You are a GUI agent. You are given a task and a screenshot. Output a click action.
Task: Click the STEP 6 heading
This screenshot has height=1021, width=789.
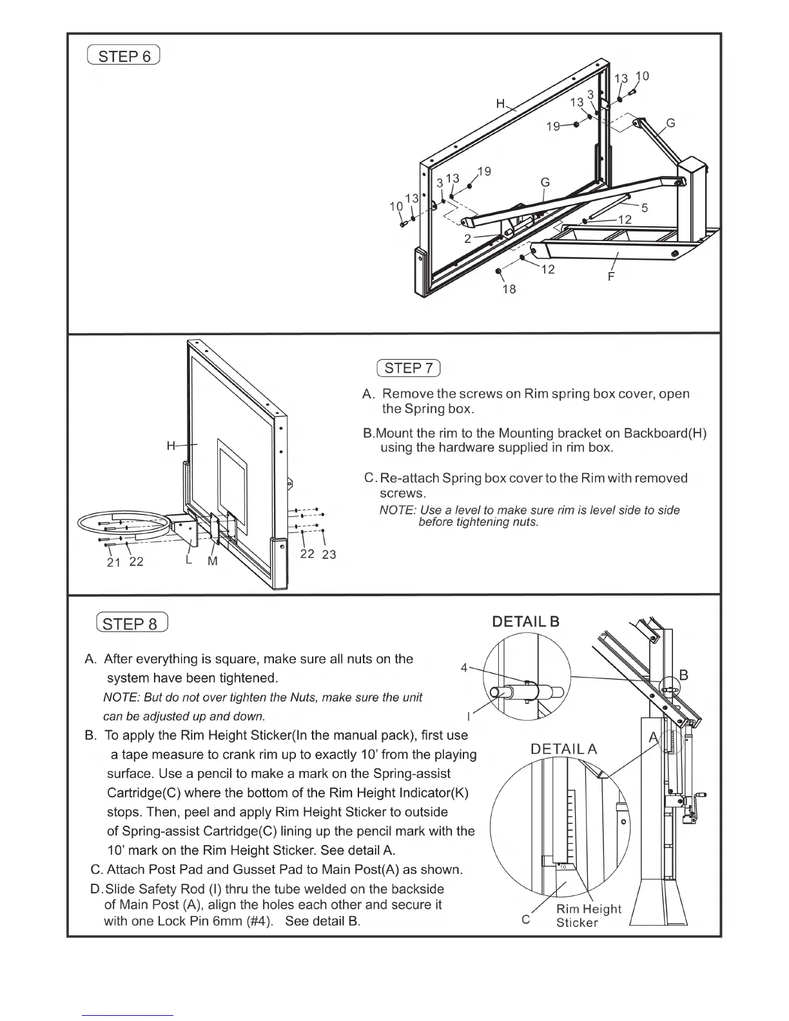pos(123,56)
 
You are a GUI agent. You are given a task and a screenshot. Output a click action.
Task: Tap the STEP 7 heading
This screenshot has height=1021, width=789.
pos(408,368)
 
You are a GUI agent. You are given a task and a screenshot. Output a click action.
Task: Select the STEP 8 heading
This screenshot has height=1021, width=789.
pos(131,623)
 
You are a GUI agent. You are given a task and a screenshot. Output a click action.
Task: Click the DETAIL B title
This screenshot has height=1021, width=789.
pos(525,621)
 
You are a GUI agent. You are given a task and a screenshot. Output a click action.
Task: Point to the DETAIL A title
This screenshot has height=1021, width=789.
pos(563,748)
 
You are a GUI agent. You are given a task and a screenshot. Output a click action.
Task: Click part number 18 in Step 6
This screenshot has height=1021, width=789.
pos(509,289)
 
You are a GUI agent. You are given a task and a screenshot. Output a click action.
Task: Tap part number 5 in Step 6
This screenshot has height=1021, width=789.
pos(644,208)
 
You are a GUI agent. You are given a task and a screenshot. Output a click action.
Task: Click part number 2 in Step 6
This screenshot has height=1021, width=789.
pos(468,238)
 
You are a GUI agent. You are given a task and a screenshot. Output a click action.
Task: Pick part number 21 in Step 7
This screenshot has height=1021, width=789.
pos(113,562)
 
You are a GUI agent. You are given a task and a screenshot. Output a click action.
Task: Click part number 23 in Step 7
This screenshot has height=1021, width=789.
pos(329,554)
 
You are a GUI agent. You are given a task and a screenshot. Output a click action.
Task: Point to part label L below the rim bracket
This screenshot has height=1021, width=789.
pos(188,560)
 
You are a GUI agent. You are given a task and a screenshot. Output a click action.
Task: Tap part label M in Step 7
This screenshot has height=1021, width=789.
pos(213,561)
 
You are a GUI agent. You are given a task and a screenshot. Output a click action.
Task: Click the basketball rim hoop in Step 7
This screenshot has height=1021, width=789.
pos(122,523)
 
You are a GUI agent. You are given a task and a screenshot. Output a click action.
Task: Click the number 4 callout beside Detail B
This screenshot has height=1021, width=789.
pos(464,668)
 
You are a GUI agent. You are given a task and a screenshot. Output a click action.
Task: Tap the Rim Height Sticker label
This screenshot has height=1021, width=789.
pos(588,915)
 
